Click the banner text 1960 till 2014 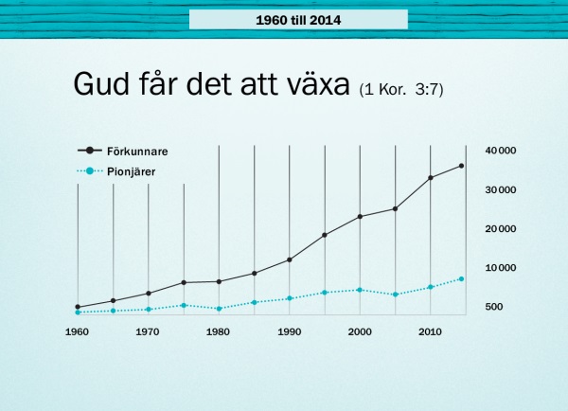298,19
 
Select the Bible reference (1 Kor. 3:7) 401,89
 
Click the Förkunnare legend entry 131,151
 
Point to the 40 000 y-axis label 500,151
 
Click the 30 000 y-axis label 500,189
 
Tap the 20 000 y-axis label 500,229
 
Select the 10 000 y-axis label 500,268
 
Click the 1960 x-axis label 77,332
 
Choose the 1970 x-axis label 148,332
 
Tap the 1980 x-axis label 218,332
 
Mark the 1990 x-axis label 289,332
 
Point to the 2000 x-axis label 360,332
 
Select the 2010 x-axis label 430,332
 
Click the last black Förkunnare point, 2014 461,166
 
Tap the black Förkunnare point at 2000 360,217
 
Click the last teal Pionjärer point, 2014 461,279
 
